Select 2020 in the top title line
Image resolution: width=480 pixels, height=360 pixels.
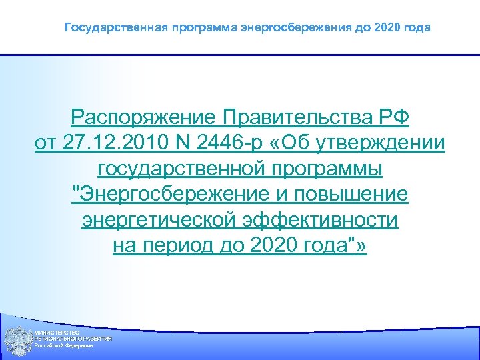389,28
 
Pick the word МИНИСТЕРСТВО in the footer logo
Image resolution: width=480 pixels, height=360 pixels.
57,332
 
